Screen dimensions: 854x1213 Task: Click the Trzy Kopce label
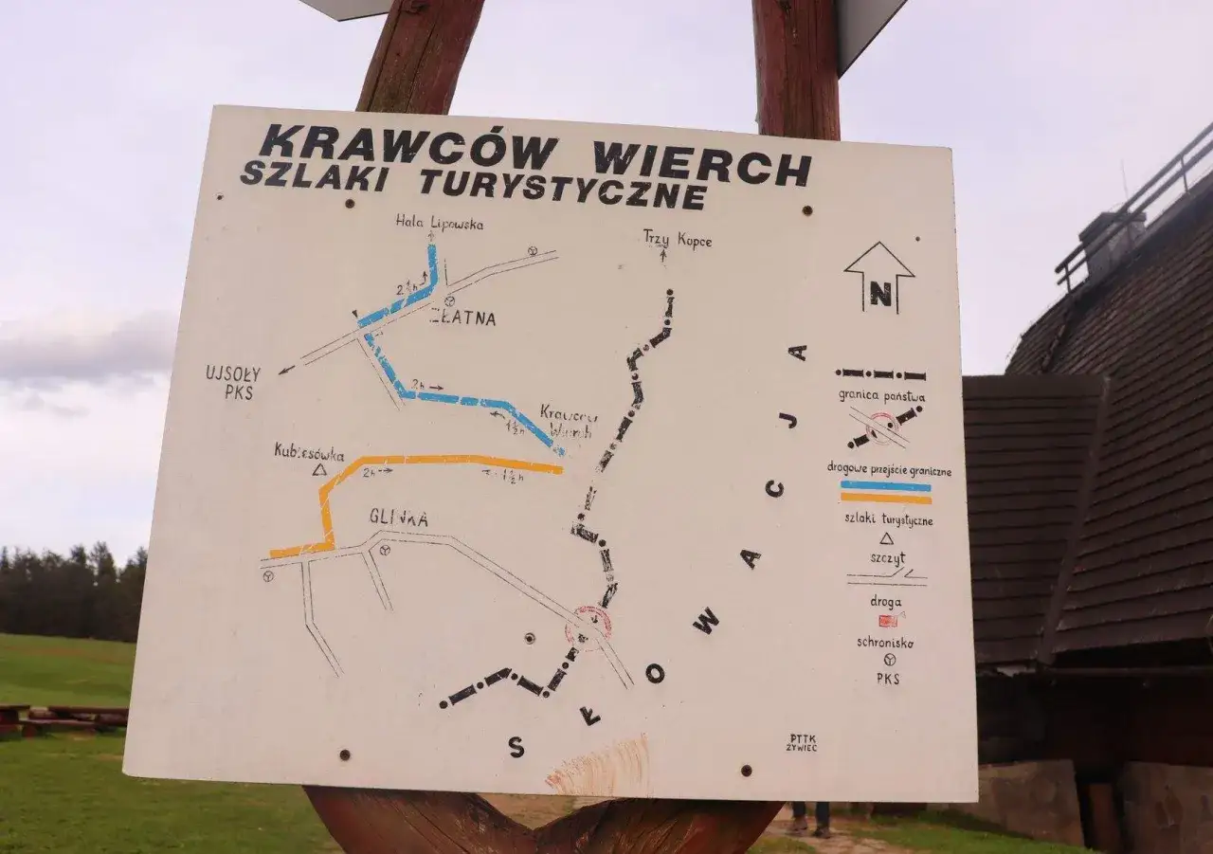coord(677,239)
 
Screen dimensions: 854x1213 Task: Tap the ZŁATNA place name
coord(462,318)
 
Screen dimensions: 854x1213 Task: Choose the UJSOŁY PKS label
coord(233,381)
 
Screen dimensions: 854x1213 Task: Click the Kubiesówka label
coord(309,453)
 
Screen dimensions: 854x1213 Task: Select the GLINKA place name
coord(398,518)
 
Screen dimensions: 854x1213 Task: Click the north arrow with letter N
coord(879,277)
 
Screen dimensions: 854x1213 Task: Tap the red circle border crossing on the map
coord(588,626)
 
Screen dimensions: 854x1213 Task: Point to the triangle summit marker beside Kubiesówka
coord(319,469)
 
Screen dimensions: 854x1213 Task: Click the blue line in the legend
coord(885,485)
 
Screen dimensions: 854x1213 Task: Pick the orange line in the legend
coord(885,498)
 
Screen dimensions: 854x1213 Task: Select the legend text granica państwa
coord(881,396)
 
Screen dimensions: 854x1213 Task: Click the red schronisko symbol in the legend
coord(887,621)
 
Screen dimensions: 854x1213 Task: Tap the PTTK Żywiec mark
coord(801,742)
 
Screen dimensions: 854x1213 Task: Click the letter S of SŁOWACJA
coord(516,747)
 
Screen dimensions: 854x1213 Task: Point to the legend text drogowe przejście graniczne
coord(888,470)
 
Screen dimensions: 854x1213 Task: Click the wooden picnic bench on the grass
coord(66,718)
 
